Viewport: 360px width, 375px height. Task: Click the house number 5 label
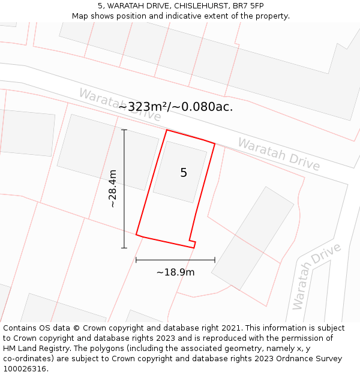pos(184,173)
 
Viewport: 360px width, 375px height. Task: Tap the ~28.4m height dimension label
pos(112,189)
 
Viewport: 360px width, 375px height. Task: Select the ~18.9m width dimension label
pos(175,272)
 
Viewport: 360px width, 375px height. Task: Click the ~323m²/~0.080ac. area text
pos(175,107)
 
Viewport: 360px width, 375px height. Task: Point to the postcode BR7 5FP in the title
pos(248,6)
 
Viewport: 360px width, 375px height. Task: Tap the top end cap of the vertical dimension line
pos(124,130)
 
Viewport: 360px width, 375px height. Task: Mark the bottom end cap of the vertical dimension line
pos(124,248)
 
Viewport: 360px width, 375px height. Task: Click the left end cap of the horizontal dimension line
pos(136,260)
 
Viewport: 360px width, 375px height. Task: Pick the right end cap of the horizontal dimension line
pos(215,260)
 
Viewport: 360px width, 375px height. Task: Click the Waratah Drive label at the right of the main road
pos(278,154)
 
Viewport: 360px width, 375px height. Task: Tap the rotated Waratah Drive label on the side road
pos(316,276)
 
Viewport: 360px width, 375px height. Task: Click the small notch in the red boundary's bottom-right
pos(193,242)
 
